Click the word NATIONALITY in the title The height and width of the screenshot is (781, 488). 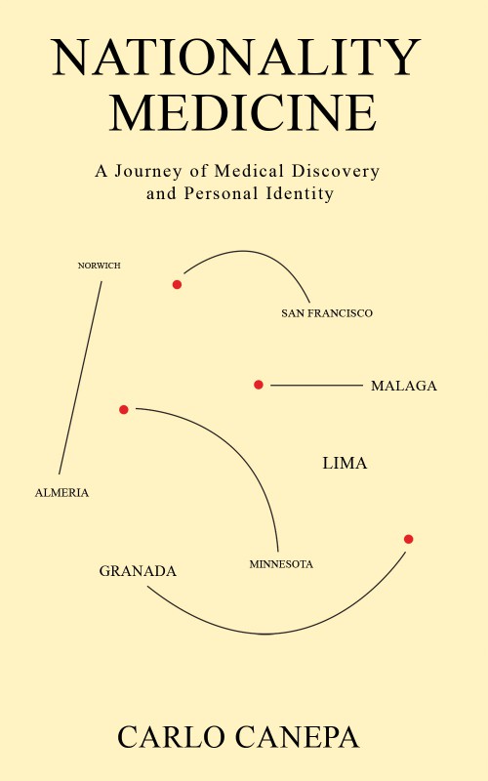pos(236,58)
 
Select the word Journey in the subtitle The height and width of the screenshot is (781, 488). pos(148,173)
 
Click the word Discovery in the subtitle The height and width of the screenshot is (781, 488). pos(336,173)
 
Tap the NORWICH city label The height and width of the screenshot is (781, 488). pos(100,266)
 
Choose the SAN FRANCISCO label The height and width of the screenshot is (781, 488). pos(327,313)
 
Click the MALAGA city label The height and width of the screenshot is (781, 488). pos(404,386)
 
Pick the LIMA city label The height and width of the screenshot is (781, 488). pos(345,463)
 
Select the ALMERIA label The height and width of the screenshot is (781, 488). pos(61,493)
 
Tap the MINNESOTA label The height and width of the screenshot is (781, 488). pos(281,564)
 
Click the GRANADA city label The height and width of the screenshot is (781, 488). pos(138,571)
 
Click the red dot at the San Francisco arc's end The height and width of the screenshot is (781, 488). pos(177,284)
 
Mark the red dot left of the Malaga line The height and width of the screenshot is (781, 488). pos(258,385)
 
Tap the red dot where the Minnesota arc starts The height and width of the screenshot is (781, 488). pos(124,409)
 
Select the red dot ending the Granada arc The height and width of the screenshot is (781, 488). pos(408,539)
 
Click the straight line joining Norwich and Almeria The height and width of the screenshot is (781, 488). pos(80,378)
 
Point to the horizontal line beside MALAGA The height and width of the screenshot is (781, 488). pos(316,385)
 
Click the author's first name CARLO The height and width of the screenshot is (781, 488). pos(171,737)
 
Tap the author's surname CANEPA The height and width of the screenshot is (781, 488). pos(298,737)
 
